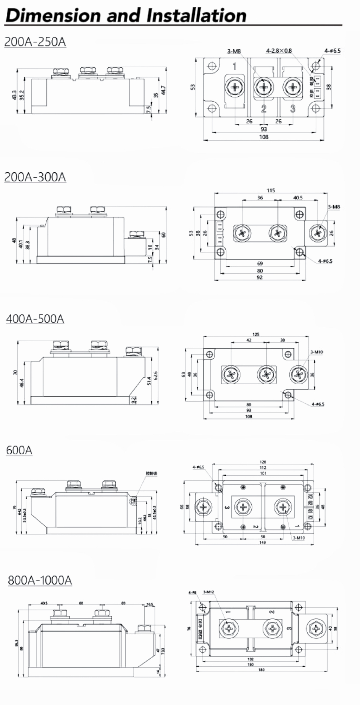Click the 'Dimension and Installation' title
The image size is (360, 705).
tap(126, 15)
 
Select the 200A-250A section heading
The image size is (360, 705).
tap(35, 42)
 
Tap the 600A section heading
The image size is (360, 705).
tap(19, 450)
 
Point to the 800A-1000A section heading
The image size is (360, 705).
tap(40, 580)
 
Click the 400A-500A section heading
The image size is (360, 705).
tap(35, 319)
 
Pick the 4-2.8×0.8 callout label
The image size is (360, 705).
tap(279, 51)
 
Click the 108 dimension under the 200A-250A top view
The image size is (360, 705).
tap(264, 137)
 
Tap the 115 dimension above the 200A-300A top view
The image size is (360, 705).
tap(270, 190)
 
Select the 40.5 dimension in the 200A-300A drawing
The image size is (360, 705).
tap(298, 198)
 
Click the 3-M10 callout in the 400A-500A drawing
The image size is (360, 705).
tap(316, 352)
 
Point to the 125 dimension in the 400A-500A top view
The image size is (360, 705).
tap(256, 334)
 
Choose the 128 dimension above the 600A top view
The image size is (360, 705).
tap(263, 462)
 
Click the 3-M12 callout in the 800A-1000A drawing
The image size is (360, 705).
tap(208, 592)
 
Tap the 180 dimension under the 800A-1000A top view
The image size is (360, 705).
tap(261, 670)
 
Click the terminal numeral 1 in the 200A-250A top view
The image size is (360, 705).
tap(234, 66)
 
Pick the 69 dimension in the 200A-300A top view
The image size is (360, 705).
tap(260, 263)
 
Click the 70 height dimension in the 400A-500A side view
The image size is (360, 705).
tap(15, 372)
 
